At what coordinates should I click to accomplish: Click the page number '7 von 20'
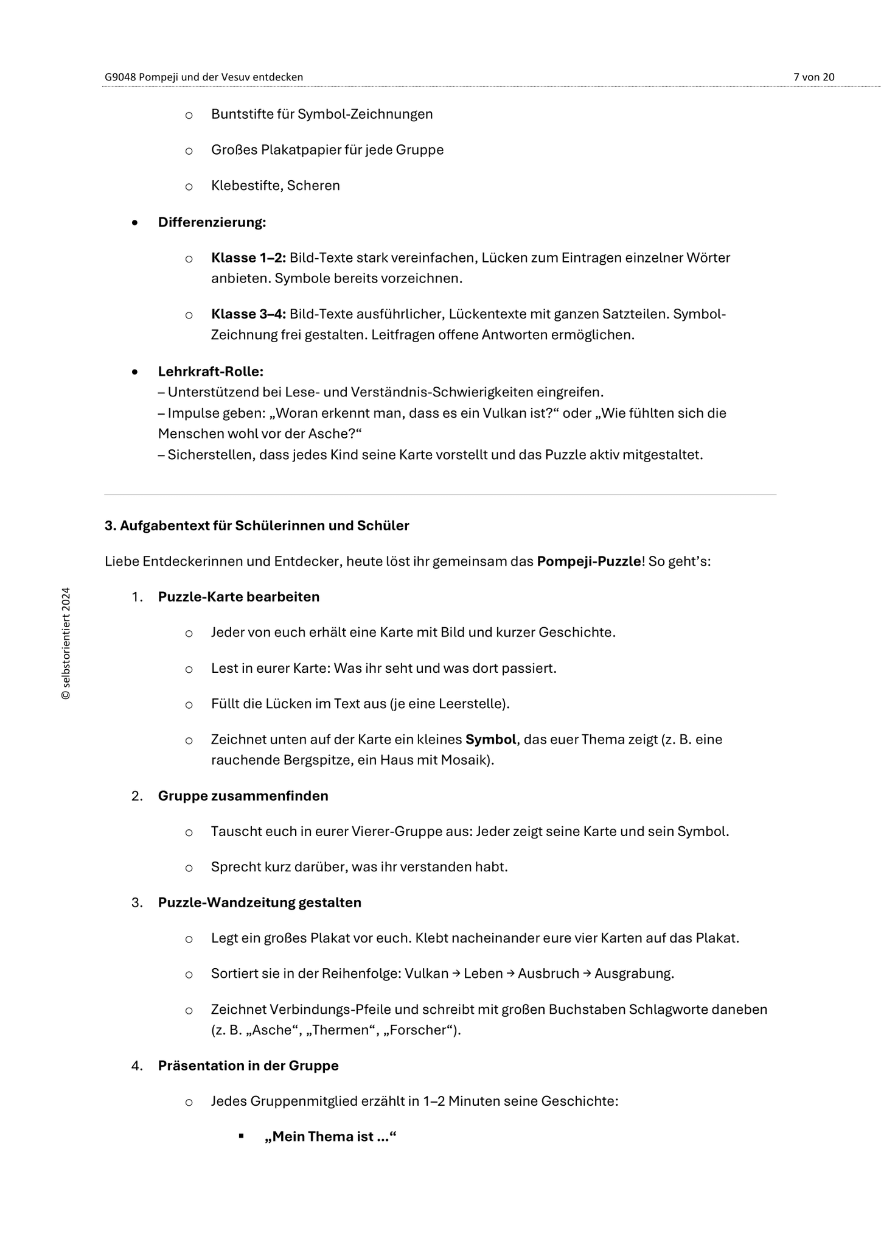tap(813, 77)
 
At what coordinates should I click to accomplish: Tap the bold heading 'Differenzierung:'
tap(212, 222)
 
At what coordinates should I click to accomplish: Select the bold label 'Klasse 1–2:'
tap(248, 258)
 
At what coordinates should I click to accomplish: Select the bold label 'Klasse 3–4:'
tap(248, 314)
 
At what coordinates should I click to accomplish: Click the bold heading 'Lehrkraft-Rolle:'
tap(211, 371)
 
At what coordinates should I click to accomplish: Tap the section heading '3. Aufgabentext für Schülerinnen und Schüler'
tap(257, 525)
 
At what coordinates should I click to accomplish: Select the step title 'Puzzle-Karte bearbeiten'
tap(239, 597)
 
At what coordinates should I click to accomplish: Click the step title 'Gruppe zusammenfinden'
tap(243, 796)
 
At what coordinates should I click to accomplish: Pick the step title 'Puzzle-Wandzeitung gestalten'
tap(259, 902)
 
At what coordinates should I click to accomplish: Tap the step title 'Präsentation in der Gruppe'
tap(248, 1066)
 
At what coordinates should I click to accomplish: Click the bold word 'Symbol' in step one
tap(490, 740)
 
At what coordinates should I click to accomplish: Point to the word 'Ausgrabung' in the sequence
tap(633, 974)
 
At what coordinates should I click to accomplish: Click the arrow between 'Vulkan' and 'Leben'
tap(456, 974)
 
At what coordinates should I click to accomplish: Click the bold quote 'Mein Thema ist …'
tap(330, 1137)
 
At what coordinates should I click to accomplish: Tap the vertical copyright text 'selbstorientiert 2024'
tap(66, 644)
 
